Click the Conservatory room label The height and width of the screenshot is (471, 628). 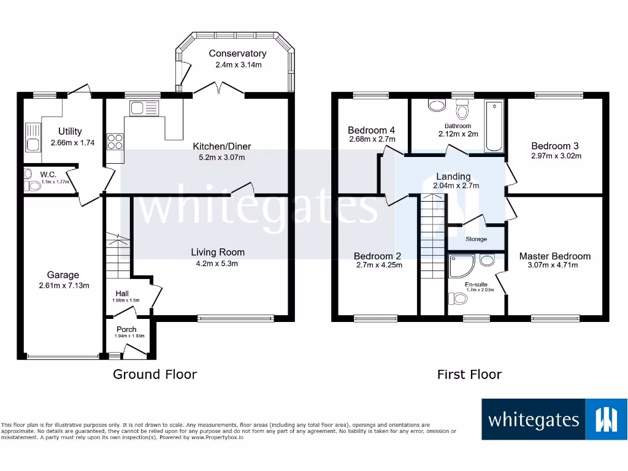pos(237,54)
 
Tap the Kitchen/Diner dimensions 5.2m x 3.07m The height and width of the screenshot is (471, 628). pos(221,157)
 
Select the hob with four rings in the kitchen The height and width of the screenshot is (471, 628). pos(115,142)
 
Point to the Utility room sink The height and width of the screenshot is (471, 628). pos(32,137)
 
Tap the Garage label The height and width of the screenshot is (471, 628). pos(63,275)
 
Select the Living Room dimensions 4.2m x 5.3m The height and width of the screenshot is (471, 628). pos(217,264)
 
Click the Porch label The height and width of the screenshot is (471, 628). pos(126,329)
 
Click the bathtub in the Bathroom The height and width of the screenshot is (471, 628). pos(493,127)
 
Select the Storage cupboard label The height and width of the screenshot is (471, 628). pos(476,239)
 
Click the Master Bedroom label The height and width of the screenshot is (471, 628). pos(554,256)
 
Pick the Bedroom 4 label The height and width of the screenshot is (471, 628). pos(371,130)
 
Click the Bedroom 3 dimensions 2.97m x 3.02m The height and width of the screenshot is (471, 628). pos(556,156)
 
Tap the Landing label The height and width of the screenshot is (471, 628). pos(453,177)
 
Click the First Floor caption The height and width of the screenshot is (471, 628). pos(469,374)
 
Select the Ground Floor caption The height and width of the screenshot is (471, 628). pos(155,374)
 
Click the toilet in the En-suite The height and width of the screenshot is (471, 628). pos(459,299)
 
